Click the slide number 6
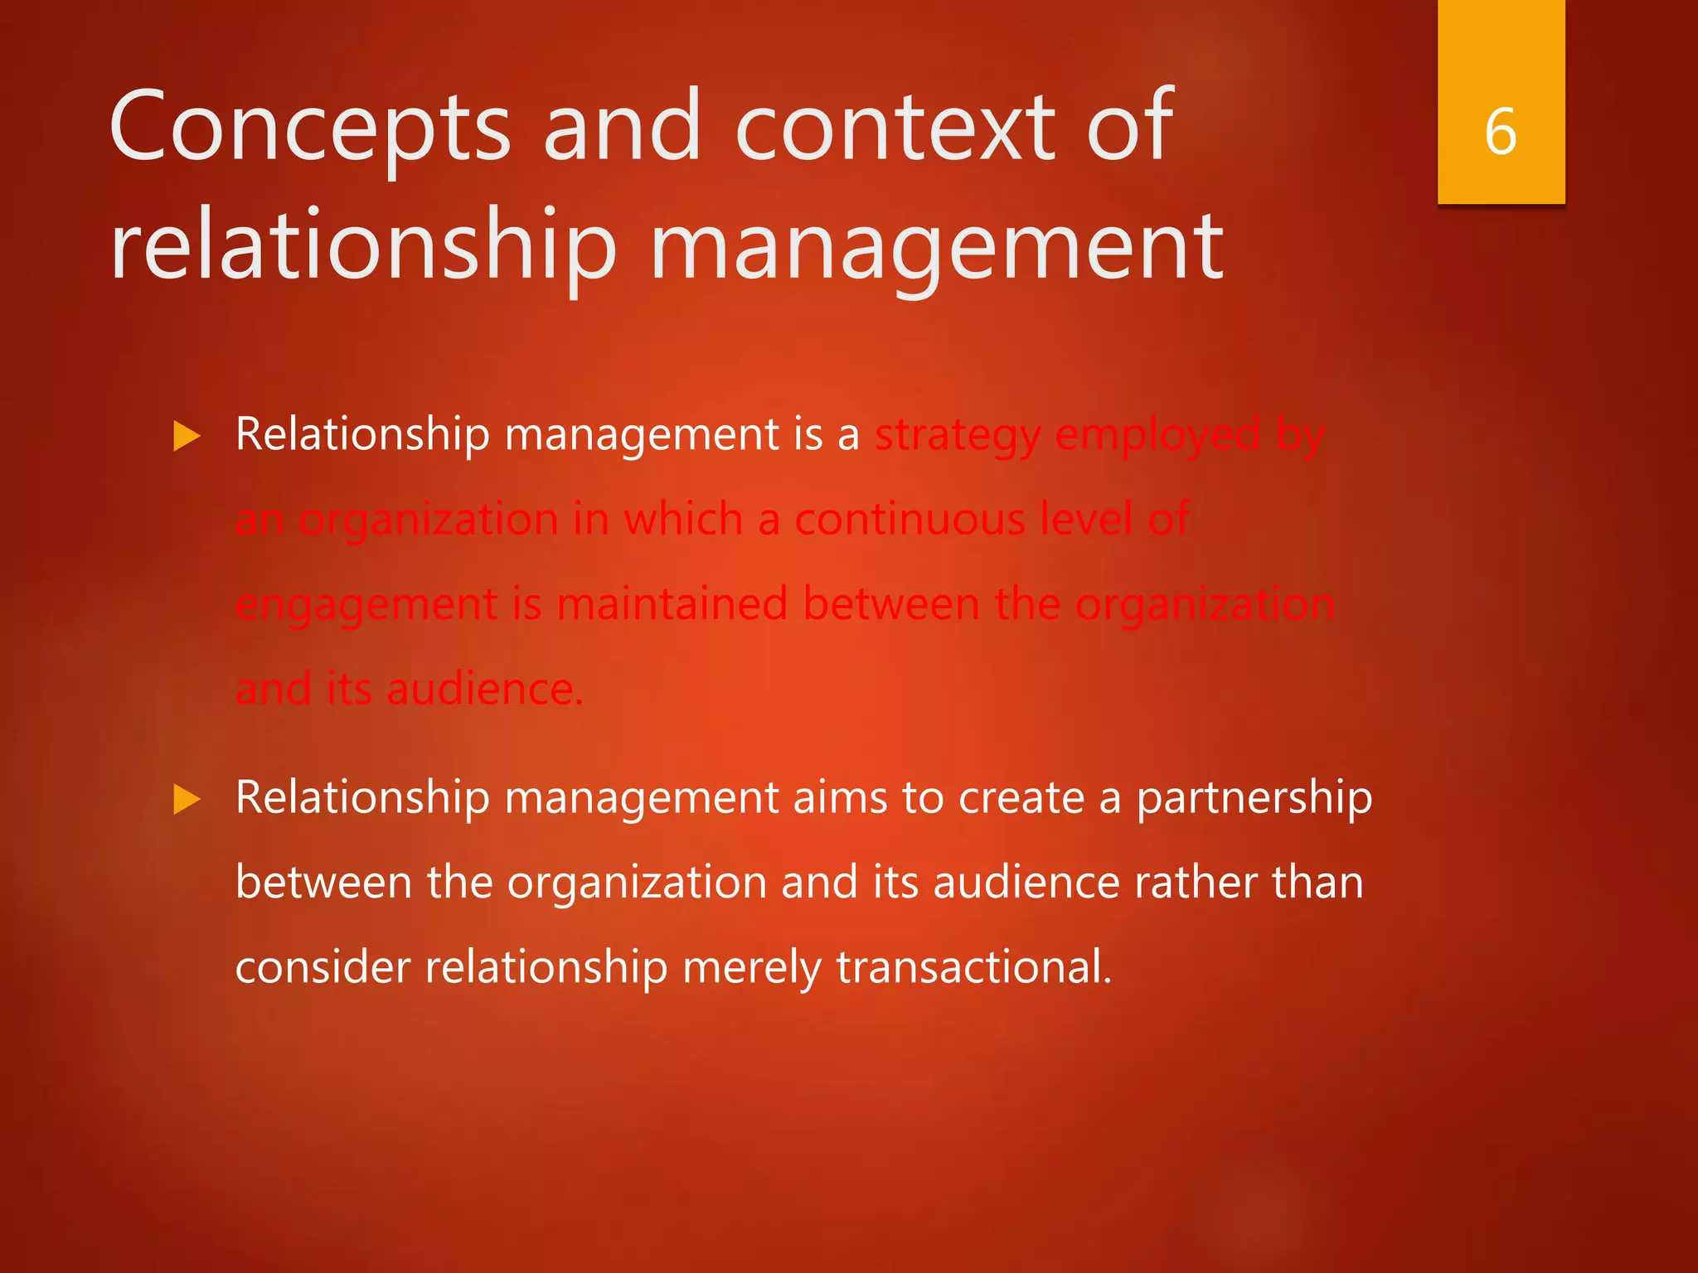point(1501,132)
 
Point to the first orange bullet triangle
point(187,436)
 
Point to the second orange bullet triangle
point(187,800)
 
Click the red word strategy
point(958,436)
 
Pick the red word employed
point(1157,436)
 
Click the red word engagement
point(366,605)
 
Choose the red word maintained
point(672,603)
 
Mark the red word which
point(683,520)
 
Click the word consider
point(323,967)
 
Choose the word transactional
point(973,967)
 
